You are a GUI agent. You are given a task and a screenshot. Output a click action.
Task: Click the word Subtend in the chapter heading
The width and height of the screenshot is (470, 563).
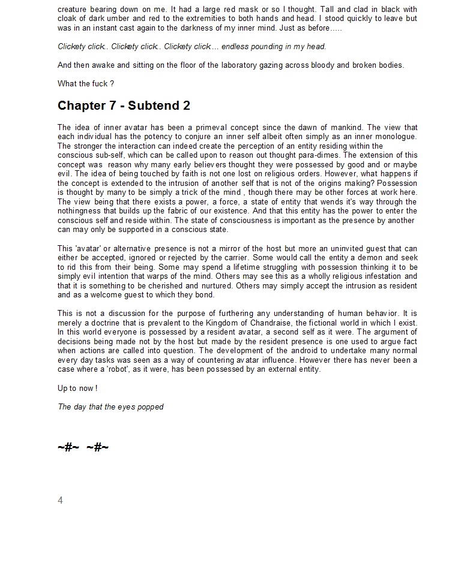pos(152,106)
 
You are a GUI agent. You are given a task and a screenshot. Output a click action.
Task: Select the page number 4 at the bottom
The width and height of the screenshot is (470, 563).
pos(60,500)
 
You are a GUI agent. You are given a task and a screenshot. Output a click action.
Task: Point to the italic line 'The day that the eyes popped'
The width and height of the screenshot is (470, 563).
pos(110,407)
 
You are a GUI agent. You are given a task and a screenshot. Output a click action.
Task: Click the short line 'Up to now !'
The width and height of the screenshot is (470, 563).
pos(77,388)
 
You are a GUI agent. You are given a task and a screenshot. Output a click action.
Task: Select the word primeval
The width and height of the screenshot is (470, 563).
pos(223,127)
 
